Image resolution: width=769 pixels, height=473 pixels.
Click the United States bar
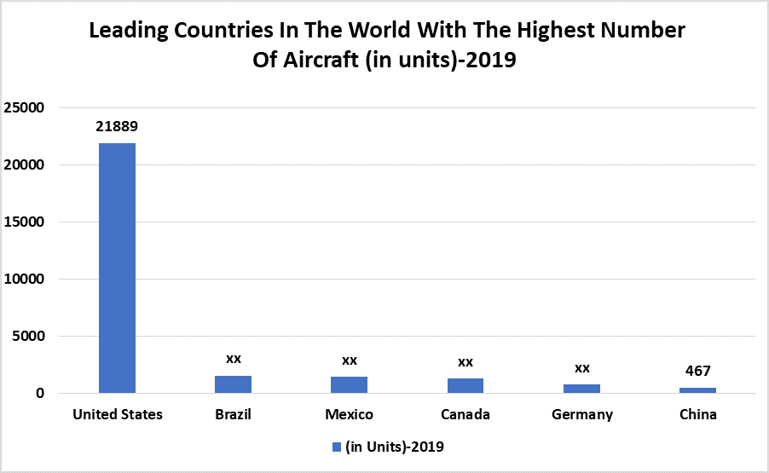pos(117,268)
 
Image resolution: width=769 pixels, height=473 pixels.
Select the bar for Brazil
pos(233,384)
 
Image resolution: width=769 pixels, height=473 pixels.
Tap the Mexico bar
pos(349,384)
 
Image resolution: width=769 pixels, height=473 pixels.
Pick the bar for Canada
pos(465,385)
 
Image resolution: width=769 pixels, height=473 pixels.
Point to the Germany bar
pos(581,389)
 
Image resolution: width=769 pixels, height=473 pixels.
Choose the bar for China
pos(697,390)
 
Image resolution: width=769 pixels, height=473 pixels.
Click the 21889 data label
pos(117,126)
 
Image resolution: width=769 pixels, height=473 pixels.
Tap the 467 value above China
pos(697,371)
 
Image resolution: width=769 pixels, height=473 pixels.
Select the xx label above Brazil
pos(233,359)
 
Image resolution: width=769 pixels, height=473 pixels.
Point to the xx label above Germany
pos(581,368)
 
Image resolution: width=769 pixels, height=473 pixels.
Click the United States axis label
pos(117,415)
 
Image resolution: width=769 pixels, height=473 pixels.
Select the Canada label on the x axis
pos(465,415)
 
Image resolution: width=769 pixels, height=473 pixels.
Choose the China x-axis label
pos(697,415)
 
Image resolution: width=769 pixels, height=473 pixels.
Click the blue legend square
pos(336,447)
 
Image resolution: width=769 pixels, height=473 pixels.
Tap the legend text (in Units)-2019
pos(395,447)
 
